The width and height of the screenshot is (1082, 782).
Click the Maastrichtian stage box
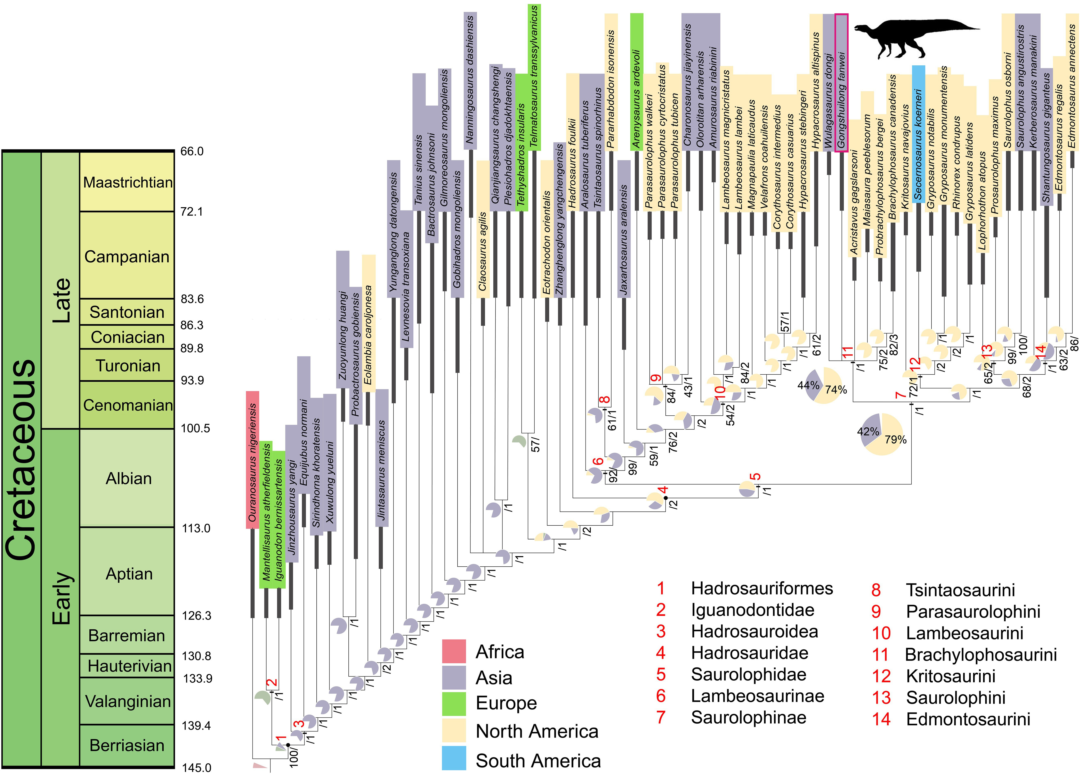[127, 182]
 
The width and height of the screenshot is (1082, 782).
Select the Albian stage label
[128, 478]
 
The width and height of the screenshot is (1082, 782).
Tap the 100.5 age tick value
[195, 428]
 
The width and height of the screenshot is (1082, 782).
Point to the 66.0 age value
[192, 152]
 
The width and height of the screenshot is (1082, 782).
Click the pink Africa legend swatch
[454, 651]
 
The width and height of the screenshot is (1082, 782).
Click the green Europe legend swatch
[454, 704]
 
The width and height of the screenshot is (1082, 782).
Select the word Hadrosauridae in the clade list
[750, 653]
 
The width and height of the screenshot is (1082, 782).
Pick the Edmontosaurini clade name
[968, 719]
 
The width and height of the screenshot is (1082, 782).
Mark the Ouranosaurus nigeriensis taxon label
[252, 460]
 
